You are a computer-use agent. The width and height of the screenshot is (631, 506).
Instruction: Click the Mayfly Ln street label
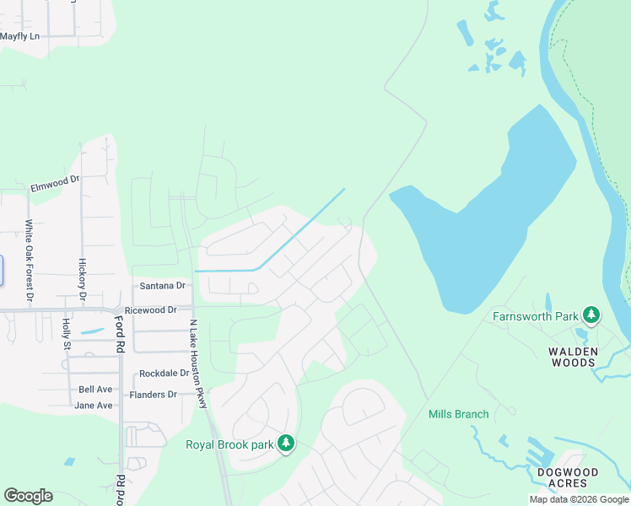(x=20, y=36)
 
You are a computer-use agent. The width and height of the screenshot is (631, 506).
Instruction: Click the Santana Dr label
(x=161, y=287)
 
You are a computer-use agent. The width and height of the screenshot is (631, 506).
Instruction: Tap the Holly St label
(x=67, y=332)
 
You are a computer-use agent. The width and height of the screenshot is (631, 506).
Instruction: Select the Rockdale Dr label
(x=164, y=374)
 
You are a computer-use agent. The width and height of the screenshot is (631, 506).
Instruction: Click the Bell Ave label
(x=95, y=390)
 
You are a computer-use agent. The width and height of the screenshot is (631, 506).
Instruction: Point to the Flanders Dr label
(x=153, y=395)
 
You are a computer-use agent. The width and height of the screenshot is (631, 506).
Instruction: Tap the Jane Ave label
(x=94, y=406)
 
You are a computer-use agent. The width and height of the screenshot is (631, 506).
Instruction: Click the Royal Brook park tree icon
(x=286, y=443)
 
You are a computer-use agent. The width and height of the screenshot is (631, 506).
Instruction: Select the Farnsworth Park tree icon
(x=591, y=316)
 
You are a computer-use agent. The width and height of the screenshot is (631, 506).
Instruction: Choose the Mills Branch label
(x=458, y=414)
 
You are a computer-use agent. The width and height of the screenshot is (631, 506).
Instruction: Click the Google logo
(x=28, y=496)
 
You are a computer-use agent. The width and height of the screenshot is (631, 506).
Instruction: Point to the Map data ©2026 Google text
(x=579, y=499)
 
